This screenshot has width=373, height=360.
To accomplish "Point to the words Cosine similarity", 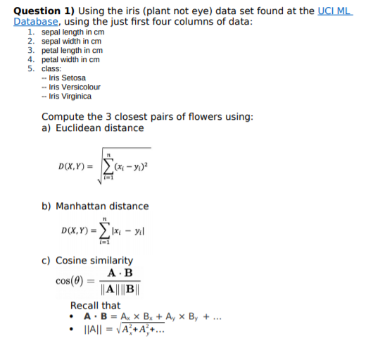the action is pyautogui.click(x=92, y=261).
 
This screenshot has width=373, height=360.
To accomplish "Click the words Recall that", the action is pyautogui.click(x=95, y=306).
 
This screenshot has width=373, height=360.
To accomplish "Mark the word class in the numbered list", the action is pyautogui.click(x=51, y=69).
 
